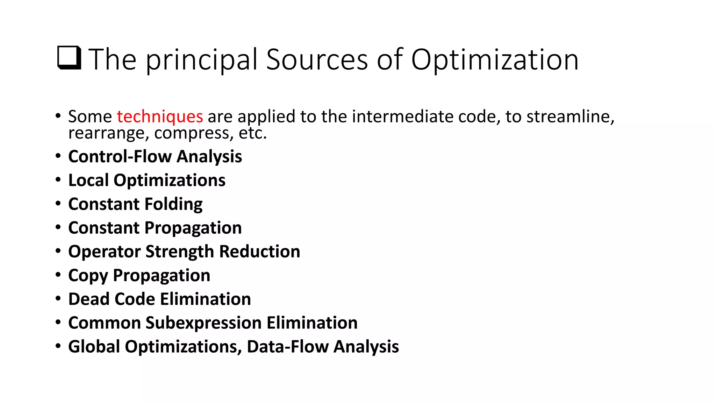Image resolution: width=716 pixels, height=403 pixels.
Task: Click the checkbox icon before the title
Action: point(69,58)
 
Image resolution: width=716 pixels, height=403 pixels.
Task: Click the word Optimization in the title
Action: point(494,60)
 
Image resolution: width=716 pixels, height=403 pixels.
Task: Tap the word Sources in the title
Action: point(317,59)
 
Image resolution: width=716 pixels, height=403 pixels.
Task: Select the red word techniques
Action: point(160,116)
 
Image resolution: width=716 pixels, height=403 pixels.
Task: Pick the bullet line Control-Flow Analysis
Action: point(155,156)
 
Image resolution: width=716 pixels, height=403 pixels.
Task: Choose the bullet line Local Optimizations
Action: point(147,181)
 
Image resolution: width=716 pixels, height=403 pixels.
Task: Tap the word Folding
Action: point(173,204)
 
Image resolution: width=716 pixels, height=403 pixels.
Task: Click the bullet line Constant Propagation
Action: point(155,228)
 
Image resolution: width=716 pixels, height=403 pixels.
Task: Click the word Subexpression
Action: point(203,323)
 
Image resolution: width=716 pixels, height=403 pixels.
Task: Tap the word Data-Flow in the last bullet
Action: point(287,347)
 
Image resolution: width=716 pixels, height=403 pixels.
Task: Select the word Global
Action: point(94,347)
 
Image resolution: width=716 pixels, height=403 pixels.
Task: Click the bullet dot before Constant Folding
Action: point(58,204)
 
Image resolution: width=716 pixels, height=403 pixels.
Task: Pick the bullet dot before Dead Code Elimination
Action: point(58,299)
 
